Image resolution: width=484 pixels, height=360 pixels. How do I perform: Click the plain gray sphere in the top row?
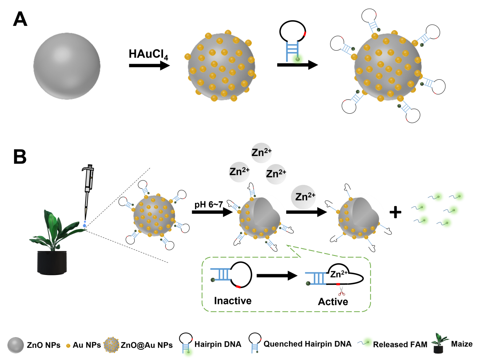pos(67,66)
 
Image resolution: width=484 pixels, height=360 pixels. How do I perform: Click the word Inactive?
pos(233,301)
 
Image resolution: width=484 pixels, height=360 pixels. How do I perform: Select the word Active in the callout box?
pos(333,302)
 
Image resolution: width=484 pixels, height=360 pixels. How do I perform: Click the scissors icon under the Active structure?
pos(341,291)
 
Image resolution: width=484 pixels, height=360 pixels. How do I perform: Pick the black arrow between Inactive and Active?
pos(277,275)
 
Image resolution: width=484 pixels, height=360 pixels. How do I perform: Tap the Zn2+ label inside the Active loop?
pos(339,275)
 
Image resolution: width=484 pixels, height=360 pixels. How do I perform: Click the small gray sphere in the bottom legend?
pos(16,345)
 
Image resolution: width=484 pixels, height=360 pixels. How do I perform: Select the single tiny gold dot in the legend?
pos(68,346)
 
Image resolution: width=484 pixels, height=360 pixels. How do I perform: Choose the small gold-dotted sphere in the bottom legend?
pos(111,345)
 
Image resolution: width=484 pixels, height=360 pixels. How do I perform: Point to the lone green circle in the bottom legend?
pos(367,342)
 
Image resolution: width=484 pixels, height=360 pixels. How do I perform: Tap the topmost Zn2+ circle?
pos(261,153)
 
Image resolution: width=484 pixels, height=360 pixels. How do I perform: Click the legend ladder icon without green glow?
pos(255,347)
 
